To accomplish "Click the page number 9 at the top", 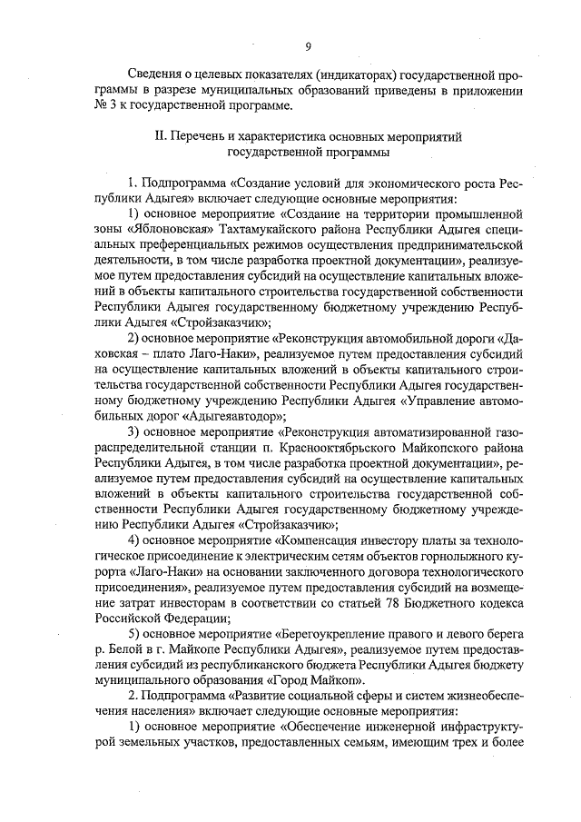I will pos(308,47).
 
